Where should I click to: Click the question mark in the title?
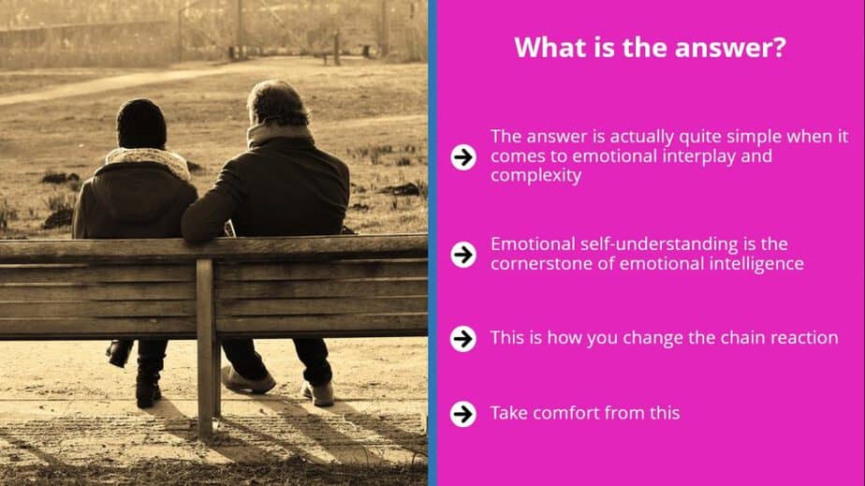click(778, 47)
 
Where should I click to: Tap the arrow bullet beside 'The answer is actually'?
click(463, 156)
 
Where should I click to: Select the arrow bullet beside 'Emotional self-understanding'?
click(463, 255)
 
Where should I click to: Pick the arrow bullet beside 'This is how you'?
click(463, 338)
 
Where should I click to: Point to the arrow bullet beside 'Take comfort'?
click(463, 414)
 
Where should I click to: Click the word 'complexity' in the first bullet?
click(535, 176)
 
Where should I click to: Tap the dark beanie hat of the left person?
click(141, 124)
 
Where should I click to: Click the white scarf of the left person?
click(149, 160)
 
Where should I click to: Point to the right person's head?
click(277, 104)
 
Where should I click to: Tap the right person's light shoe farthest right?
click(319, 393)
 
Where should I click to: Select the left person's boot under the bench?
click(148, 388)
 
